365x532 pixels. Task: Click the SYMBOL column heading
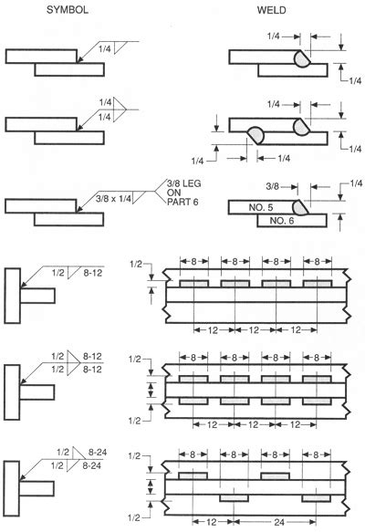point(68,9)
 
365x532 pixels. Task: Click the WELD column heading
point(271,10)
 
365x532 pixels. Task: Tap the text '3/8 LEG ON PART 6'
point(183,193)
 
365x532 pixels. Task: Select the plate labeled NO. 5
point(261,207)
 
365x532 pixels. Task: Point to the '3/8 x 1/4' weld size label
point(113,199)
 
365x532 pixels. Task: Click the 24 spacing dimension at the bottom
point(279,522)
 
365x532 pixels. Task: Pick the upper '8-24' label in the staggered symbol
point(98,452)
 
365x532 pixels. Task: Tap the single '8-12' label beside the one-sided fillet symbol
point(93,273)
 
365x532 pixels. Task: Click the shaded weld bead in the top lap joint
point(301,58)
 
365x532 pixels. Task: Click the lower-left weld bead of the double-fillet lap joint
point(256,135)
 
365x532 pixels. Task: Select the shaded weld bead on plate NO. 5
point(300,208)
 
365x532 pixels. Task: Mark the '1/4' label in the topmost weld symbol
point(104,49)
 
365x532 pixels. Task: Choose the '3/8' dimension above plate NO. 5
point(273,186)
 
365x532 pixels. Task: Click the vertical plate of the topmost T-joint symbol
point(12,296)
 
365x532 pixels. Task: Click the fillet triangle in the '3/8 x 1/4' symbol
point(138,197)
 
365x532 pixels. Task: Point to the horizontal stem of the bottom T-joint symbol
point(36,488)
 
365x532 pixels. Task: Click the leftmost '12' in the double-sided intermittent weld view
point(212,424)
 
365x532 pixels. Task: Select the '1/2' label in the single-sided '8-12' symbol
point(57,273)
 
